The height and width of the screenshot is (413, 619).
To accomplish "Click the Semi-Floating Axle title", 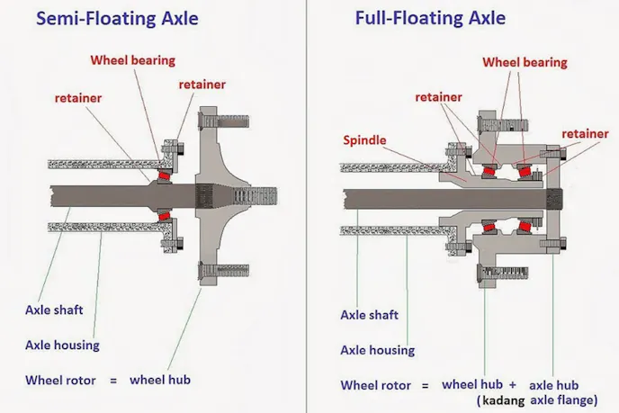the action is pos(117,19).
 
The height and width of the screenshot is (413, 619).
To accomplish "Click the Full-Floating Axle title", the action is pos(430,18).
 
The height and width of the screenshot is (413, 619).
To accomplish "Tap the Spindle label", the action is pos(364,140).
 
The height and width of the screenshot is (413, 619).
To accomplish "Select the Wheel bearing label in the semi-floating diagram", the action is pos(132,60).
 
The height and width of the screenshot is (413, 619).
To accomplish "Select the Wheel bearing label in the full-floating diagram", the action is pos(525,62).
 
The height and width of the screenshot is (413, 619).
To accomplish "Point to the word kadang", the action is pos(503,400).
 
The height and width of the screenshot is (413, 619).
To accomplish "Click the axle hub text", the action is pos(553,385).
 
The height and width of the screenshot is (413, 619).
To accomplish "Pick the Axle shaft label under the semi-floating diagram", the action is pos(54,310).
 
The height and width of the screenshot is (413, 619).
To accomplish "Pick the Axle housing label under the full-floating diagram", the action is pos(377,350).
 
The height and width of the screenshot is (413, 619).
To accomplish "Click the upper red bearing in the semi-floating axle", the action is pos(164,175).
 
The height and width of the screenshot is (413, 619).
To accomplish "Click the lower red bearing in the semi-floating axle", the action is pos(164,216).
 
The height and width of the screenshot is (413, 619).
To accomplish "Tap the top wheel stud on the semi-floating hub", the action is pos(223,121).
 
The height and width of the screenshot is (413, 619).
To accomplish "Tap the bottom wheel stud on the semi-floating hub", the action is pos(223,271).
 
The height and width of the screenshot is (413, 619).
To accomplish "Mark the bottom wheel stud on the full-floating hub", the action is pos(502,273).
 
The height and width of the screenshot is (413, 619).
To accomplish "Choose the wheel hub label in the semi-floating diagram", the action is pos(160,380).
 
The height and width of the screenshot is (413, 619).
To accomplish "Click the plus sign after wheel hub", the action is pos(513,385).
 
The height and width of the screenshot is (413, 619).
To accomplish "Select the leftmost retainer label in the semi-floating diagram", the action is pos(78,98).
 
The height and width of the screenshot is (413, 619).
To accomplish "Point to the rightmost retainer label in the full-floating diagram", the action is pos(585,134).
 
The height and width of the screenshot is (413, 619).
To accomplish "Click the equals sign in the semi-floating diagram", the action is pos(113,381).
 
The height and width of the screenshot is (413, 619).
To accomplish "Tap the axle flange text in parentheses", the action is pos(563,400).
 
